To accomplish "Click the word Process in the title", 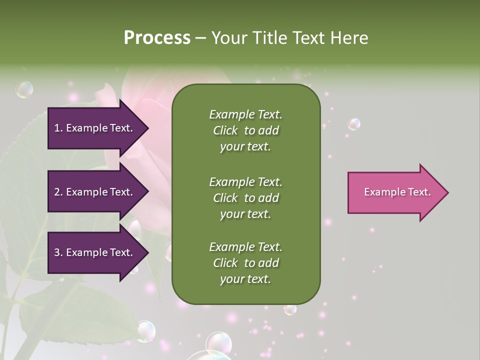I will [x=157, y=38].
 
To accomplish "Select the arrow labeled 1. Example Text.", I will [x=95, y=128].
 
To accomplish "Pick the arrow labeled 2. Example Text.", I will [x=95, y=192].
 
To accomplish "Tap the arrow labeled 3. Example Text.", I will [x=95, y=252].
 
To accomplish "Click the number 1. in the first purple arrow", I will [x=58, y=128].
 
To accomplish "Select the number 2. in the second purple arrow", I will [x=58, y=192].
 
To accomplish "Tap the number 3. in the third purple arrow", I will [x=58, y=252].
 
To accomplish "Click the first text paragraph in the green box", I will [x=245, y=130].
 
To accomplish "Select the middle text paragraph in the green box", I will [x=245, y=198].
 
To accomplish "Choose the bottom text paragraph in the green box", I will [x=245, y=263].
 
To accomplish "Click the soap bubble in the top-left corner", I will [x=24, y=89].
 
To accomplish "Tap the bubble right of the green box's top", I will [x=354, y=124].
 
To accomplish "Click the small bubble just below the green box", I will [x=290, y=309].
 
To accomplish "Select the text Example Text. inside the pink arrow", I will [x=397, y=192].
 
